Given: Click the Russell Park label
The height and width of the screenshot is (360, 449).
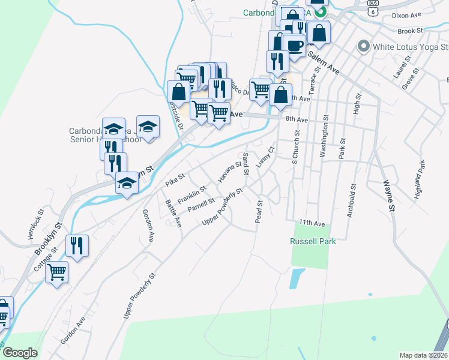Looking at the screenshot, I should tap(312, 241).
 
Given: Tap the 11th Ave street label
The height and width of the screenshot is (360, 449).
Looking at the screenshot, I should tap(312, 223).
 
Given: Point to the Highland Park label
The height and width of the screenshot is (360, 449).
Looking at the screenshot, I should tap(420, 180).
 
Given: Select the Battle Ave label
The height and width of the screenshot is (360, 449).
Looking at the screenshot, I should tap(173, 212).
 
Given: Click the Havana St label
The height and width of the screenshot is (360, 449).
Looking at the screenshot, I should tap(229, 172).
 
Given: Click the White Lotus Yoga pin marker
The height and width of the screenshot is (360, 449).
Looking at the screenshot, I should tap(363, 46).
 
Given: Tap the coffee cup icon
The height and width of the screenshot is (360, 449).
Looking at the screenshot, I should tap(294, 46).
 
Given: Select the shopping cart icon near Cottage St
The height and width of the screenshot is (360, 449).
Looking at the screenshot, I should tap(57, 272).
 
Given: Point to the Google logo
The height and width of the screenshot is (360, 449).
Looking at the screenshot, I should tap(20, 353).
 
